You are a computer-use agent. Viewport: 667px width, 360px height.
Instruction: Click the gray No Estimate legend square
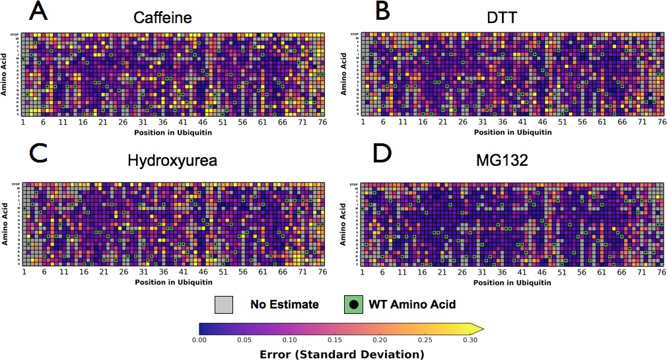coord(223,305)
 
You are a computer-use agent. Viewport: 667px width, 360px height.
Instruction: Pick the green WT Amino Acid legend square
coord(354,305)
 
